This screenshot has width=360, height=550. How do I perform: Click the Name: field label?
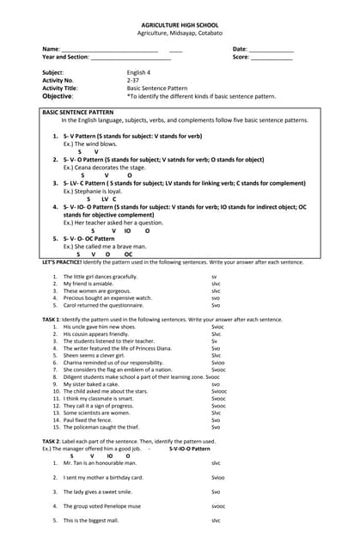click(x=51, y=49)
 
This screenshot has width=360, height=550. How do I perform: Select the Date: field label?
click(x=240, y=49)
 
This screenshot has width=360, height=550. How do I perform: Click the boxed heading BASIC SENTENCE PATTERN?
click(x=77, y=113)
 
